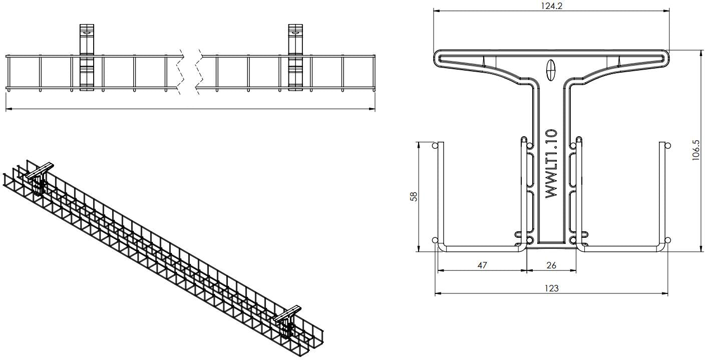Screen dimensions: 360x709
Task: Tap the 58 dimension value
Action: (x=414, y=196)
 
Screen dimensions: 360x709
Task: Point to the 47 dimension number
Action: (x=482, y=265)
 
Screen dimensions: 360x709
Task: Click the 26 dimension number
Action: (x=551, y=265)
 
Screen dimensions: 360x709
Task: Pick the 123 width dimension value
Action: (x=551, y=288)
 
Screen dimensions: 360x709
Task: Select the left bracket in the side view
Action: (x=87, y=57)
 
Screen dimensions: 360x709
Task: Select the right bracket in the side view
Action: (x=295, y=57)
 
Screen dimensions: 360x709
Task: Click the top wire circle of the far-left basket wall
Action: (x=435, y=146)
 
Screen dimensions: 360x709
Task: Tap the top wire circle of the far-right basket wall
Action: (x=667, y=146)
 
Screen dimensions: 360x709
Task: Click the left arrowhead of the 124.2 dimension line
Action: (x=436, y=11)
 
